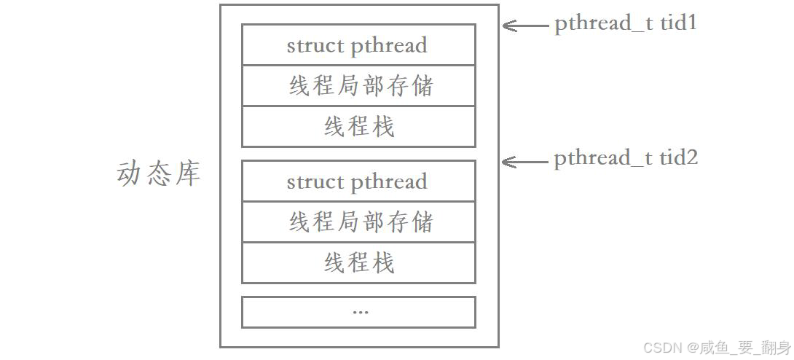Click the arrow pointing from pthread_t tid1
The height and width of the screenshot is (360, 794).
tap(524, 26)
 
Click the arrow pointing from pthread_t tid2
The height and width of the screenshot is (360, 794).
tap(524, 160)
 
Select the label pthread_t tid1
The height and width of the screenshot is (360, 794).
tap(626, 23)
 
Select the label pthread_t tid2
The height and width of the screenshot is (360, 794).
tap(626, 158)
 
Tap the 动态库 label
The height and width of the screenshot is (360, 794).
tap(158, 174)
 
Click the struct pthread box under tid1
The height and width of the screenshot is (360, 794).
tap(358, 45)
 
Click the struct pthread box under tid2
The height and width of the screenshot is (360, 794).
tap(358, 181)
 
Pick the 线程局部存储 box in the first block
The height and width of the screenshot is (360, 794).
tap(358, 86)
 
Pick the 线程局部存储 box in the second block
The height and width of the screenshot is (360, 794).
tap(358, 222)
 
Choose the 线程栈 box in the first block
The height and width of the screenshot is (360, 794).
tap(358, 127)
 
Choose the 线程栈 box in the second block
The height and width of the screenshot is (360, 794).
tap(358, 263)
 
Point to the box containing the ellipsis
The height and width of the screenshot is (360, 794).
tap(358, 312)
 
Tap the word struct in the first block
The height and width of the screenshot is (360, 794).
tap(315, 45)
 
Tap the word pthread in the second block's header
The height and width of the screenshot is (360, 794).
tap(389, 182)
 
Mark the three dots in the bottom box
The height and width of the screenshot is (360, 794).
tap(360, 312)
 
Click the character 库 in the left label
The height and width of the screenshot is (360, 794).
tap(187, 174)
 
